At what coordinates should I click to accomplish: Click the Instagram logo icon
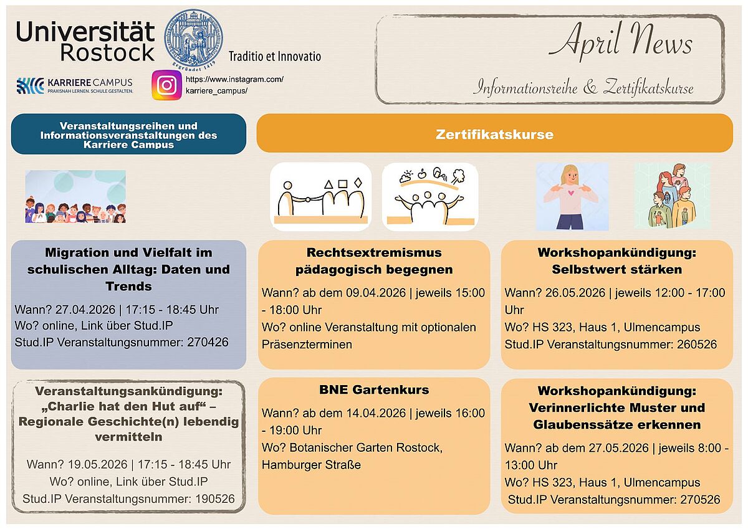coord(166,85)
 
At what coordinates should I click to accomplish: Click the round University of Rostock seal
coord(193,38)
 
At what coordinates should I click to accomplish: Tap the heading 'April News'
coord(620,42)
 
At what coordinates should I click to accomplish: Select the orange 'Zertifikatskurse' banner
coord(494,134)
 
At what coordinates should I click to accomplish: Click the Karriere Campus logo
coord(75,85)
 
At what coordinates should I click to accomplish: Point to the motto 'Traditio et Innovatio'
coord(274,57)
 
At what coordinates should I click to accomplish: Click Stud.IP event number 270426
coord(208,342)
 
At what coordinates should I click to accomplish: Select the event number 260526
coord(696,345)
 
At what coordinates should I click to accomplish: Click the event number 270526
coord(699,500)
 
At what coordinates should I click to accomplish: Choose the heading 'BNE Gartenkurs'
coord(374,390)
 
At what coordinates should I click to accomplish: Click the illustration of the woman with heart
coord(572,196)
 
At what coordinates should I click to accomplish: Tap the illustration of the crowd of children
coord(75,197)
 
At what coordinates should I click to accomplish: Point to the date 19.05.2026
coord(95,465)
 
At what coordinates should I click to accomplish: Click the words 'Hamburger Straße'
coord(311,465)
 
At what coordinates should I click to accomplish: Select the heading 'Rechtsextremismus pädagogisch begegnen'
coord(374,261)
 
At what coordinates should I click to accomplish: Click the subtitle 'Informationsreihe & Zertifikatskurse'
coord(583,87)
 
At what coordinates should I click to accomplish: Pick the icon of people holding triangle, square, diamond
coord(320,197)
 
